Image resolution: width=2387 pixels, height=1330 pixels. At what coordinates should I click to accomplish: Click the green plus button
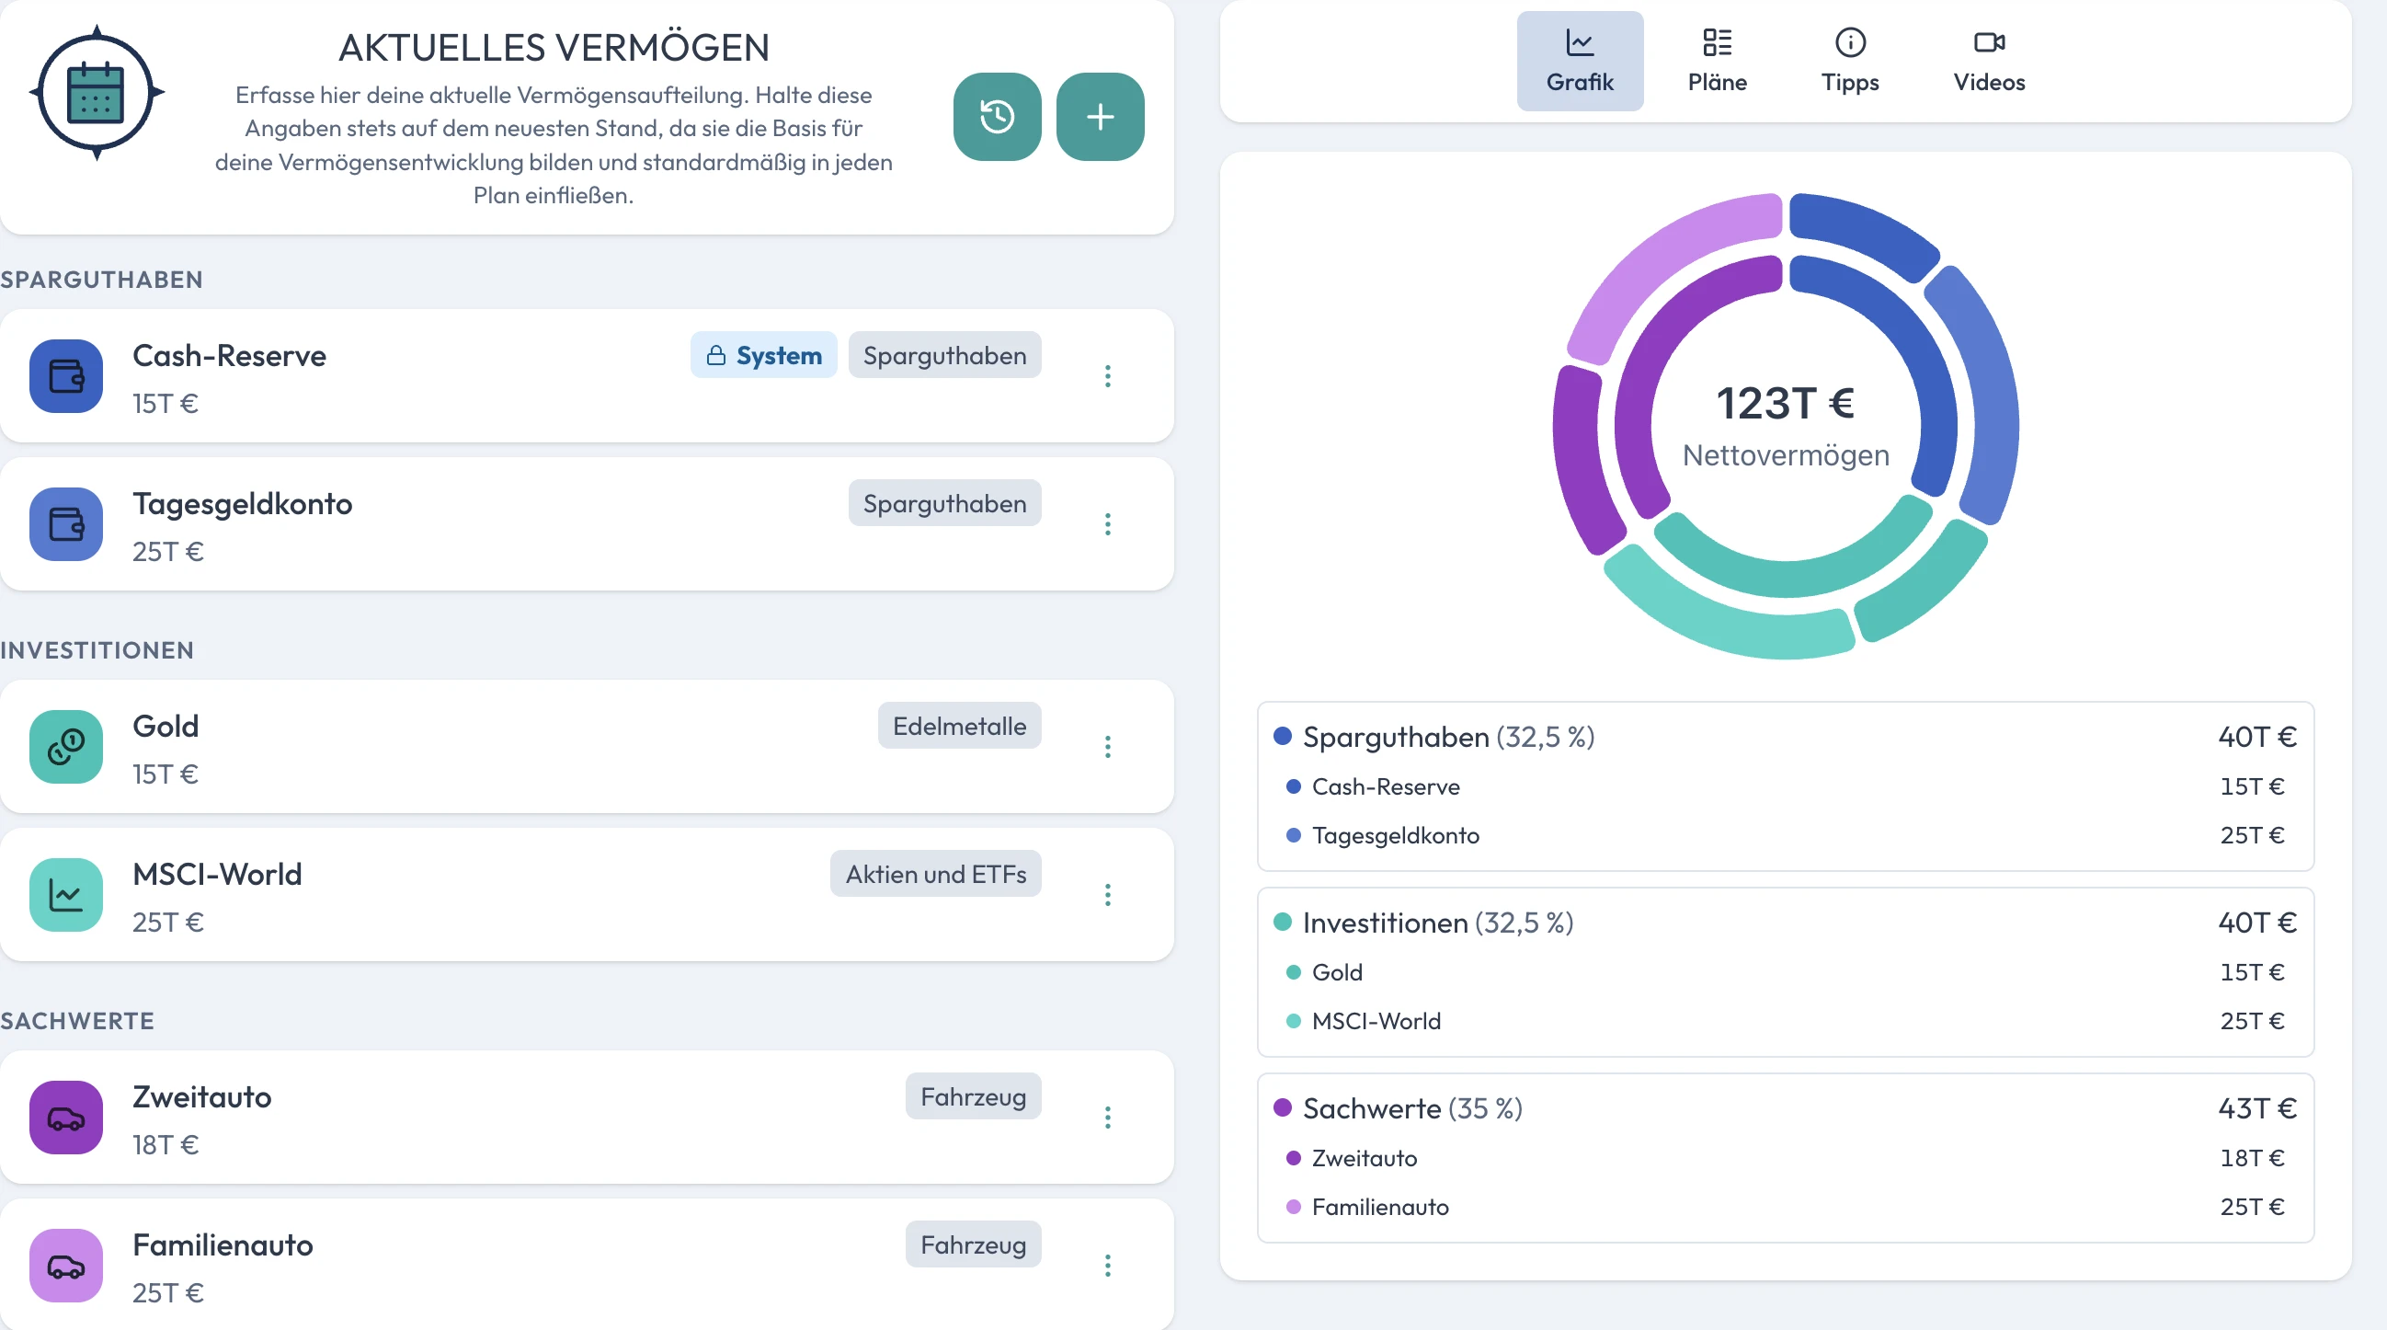[x=1100, y=117]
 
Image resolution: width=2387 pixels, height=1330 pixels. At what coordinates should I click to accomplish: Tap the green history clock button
[x=997, y=117]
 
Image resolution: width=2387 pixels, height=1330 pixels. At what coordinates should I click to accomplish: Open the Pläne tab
[x=1717, y=62]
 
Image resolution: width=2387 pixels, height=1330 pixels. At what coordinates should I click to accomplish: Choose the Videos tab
[x=1989, y=62]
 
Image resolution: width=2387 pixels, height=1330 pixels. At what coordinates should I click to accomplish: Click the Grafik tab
[x=1580, y=62]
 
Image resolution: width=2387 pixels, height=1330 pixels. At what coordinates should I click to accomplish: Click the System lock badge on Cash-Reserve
[x=763, y=355]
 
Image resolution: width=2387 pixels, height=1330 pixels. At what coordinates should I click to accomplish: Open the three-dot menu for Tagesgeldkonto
[x=1107, y=524]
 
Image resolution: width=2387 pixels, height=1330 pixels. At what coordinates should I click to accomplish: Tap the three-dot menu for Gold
[x=1107, y=747]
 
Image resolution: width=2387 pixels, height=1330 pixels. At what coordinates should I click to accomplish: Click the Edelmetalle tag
[x=959, y=726]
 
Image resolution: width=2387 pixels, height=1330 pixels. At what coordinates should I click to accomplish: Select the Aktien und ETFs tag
[x=936, y=874]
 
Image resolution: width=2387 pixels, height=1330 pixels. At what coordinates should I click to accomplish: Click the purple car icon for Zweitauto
[x=66, y=1118]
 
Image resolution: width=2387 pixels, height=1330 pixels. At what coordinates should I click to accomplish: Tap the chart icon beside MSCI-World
[x=66, y=895]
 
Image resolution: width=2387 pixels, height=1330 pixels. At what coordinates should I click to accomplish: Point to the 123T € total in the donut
[x=1786, y=403]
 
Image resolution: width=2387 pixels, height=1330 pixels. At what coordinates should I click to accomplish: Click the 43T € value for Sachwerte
[x=2257, y=1108]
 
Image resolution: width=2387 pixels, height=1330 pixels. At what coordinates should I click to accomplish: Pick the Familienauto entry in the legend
[x=1380, y=1207]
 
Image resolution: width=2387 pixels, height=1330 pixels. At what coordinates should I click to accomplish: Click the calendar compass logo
[x=97, y=93]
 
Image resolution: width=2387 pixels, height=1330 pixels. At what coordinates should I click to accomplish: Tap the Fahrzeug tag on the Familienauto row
[x=973, y=1244]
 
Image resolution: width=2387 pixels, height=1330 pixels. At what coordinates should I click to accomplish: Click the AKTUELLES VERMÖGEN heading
[x=554, y=48]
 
